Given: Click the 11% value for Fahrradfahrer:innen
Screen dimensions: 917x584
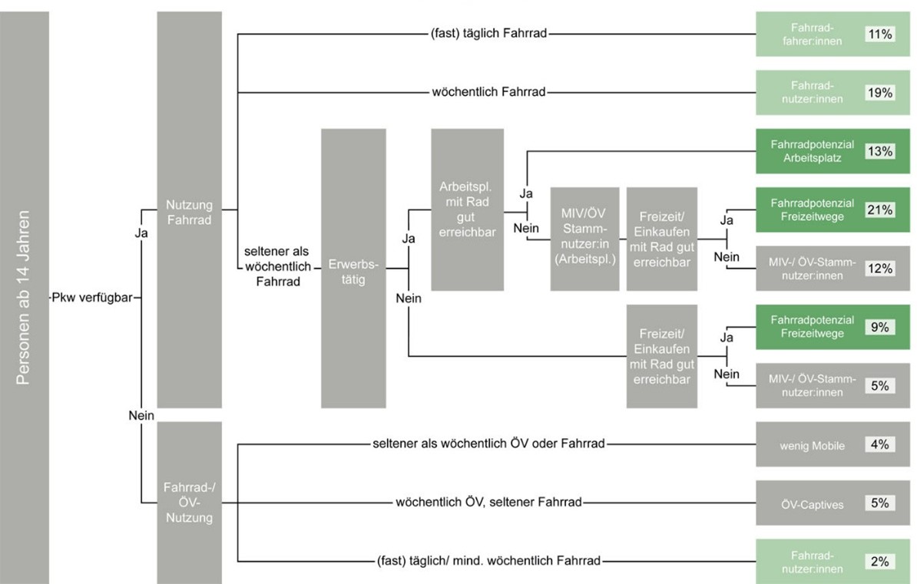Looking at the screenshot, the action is coord(879,34).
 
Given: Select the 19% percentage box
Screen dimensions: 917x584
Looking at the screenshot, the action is coord(879,92).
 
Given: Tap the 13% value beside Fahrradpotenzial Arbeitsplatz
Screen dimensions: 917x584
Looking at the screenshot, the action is coord(879,151).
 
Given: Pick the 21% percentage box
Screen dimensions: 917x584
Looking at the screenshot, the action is coord(879,210).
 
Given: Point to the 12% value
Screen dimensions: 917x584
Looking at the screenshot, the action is coord(879,269).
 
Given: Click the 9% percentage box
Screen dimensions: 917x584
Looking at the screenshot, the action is coord(879,327).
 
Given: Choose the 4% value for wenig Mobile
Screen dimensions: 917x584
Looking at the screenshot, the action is coord(879,444).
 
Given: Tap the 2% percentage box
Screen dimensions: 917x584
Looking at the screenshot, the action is coord(879,562).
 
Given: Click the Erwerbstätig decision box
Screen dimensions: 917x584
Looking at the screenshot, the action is coord(353,269).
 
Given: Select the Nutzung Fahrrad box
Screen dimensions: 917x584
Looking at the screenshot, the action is coord(190,210).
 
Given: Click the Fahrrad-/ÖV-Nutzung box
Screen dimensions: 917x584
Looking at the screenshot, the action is coord(190,503).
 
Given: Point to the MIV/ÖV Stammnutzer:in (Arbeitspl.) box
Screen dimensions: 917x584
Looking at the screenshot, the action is coord(584,239).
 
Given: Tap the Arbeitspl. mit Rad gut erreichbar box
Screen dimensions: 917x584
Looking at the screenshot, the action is coord(467,210).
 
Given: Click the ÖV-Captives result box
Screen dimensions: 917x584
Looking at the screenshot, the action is coord(833,503).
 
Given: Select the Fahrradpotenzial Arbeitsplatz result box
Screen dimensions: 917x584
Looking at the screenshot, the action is coord(833,151).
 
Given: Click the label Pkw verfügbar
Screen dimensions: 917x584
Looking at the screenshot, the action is coord(92,298).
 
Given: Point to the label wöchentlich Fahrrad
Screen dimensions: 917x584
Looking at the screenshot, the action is coord(489,92).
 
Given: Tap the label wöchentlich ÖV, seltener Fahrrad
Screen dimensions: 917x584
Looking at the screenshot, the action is coord(489,502).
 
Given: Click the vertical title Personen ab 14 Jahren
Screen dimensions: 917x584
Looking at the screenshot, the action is coord(23,298).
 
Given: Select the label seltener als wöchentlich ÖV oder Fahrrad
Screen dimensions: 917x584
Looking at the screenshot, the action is coord(489,444).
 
